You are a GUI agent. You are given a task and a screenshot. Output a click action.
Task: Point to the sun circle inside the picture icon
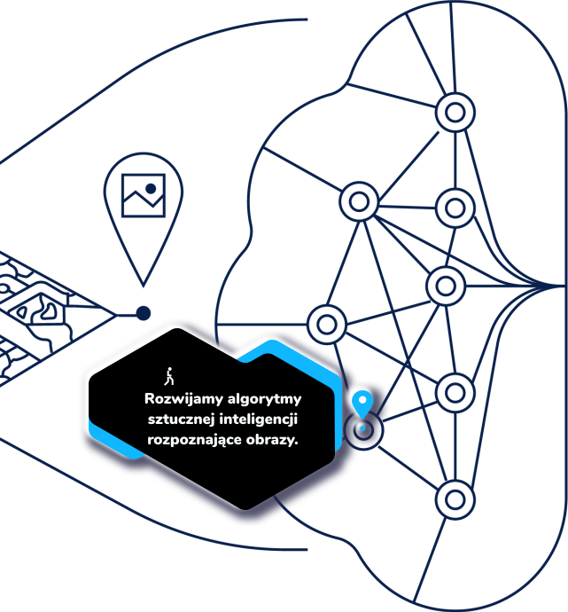[x=152, y=190]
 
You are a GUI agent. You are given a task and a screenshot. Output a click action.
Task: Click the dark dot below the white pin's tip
[x=143, y=312]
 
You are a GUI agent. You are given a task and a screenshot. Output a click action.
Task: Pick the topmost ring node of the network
[x=455, y=113]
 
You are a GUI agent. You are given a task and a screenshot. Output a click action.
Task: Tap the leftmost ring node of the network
[x=327, y=322]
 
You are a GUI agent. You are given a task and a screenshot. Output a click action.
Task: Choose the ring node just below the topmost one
[x=455, y=207]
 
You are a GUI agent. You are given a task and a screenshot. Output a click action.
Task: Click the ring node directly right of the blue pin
[x=455, y=391]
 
